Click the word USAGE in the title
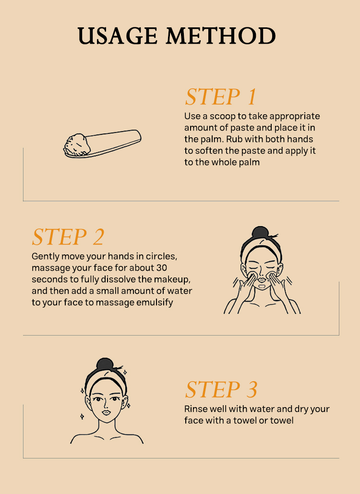pyautogui.click(x=117, y=36)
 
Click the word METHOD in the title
pyautogui.click(x=221, y=36)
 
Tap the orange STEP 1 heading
pyautogui.click(x=220, y=96)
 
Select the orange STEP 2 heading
pyautogui.click(x=68, y=237)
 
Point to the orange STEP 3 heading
pyautogui.click(x=221, y=390)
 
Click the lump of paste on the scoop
pyautogui.click(x=77, y=145)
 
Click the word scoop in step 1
pyautogui.click(x=223, y=116)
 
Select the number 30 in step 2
pyautogui.click(x=161, y=268)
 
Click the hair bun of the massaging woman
pyautogui.click(x=260, y=232)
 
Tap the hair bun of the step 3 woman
pyautogui.click(x=105, y=364)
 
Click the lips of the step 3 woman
pyautogui.click(x=106, y=412)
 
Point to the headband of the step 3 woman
pyautogui.click(x=106, y=379)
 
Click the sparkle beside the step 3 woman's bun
pyautogui.click(x=125, y=373)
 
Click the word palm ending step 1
pyautogui.click(x=249, y=162)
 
